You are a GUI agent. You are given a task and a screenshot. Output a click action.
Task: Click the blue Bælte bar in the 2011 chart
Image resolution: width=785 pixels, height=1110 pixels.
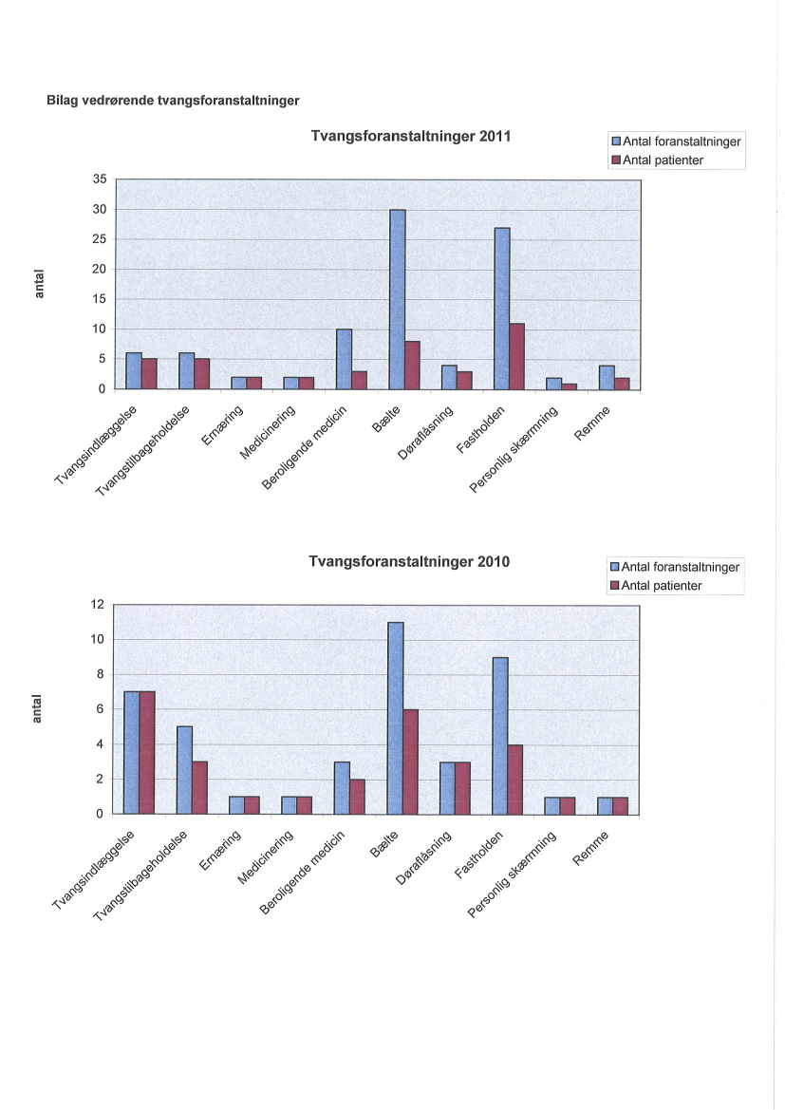tap(397, 299)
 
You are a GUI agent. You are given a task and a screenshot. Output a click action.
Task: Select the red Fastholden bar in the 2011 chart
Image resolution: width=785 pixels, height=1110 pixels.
tap(516, 356)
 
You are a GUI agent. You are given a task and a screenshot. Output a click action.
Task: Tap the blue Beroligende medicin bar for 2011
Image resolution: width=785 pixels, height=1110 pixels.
tap(344, 359)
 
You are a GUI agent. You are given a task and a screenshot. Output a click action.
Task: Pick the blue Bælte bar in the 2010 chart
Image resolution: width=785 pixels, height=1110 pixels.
tap(395, 718)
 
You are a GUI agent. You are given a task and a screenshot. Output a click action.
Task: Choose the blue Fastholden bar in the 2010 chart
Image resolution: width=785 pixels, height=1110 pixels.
tap(500, 736)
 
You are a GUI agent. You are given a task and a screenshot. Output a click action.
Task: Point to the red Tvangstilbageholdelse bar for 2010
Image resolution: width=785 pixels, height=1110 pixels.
tap(200, 787)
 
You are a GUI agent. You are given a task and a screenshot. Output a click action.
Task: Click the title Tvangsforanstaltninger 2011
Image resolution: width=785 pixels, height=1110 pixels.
tap(411, 136)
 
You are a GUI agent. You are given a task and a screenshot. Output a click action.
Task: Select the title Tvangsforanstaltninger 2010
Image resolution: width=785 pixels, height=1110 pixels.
tap(409, 561)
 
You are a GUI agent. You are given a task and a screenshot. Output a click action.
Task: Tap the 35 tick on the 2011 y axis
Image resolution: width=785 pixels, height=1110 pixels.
tap(98, 179)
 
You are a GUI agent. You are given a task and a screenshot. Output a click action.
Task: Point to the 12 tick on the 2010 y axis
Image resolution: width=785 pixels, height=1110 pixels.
tap(96, 605)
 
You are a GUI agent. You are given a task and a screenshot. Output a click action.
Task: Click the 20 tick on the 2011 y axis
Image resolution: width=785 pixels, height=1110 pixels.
tap(98, 270)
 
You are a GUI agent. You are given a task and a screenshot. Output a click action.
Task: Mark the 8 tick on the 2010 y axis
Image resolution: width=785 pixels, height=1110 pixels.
tap(100, 675)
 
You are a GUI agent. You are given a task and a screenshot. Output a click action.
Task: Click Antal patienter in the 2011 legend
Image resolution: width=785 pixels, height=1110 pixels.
tap(663, 160)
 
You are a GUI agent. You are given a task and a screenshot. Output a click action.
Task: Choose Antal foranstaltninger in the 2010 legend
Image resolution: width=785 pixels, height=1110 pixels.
tap(680, 569)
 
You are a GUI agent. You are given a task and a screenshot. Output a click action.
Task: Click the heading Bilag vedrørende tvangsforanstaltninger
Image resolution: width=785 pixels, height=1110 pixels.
tap(174, 99)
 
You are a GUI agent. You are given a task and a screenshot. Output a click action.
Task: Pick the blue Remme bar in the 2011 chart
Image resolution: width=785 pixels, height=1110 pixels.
tap(607, 378)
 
